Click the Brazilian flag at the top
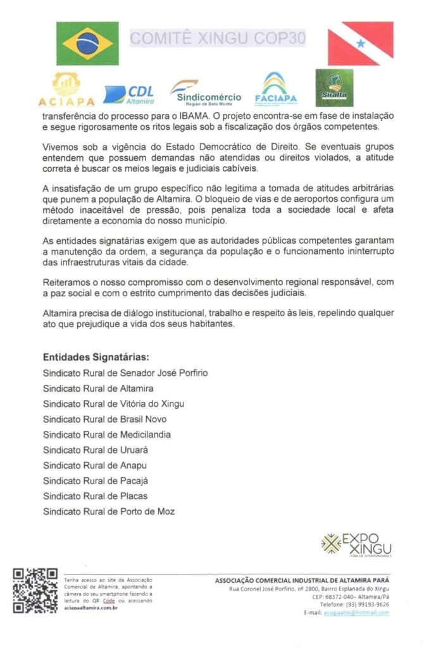87,44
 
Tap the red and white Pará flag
360,44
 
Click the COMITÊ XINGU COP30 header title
218,39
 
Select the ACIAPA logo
66,89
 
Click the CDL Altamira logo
130,94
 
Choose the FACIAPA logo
276,89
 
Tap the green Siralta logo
334,87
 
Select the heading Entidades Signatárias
96,356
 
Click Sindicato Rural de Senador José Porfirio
125,373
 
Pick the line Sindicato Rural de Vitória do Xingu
114,404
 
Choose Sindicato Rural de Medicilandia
107,435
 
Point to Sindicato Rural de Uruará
96,450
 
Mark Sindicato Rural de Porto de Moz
109,511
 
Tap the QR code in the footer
35,590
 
